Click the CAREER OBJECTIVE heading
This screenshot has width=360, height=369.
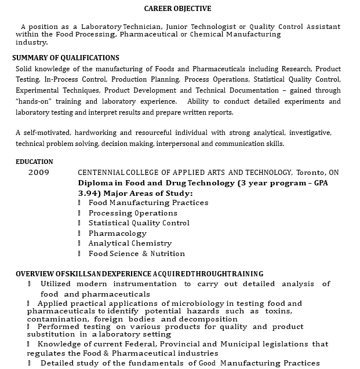tap(177, 9)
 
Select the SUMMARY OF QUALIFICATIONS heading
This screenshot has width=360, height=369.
tap(66, 58)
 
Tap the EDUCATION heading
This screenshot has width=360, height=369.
tap(34, 162)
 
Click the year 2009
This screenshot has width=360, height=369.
tap(39, 173)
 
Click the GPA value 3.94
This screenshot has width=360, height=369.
tap(88, 193)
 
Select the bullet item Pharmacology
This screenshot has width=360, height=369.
tap(118, 233)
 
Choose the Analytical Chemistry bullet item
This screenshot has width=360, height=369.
tap(130, 243)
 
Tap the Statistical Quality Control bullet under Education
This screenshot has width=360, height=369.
tap(139, 223)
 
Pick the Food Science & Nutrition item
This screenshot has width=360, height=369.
tap(136, 254)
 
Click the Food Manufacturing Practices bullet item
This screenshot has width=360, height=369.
tap(148, 203)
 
